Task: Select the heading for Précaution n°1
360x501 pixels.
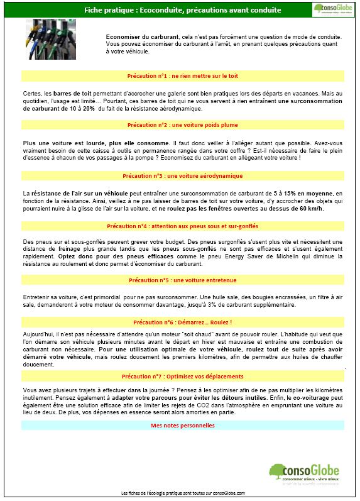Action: [182, 76]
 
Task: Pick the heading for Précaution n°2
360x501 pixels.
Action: [182, 125]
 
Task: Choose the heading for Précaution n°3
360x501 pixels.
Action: [182, 176]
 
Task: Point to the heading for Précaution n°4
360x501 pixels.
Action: [182, 226]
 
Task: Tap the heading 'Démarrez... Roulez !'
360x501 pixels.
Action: [182, 321]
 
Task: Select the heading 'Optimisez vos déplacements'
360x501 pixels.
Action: [182, 376]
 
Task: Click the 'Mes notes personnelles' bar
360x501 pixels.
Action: [182, 426]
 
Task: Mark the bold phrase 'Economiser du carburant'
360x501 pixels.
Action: [136, 36]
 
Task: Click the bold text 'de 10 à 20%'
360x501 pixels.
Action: [77, 108]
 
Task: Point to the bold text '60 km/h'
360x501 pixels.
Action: [312, 208]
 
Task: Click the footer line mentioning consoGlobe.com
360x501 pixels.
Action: [182, 493]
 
